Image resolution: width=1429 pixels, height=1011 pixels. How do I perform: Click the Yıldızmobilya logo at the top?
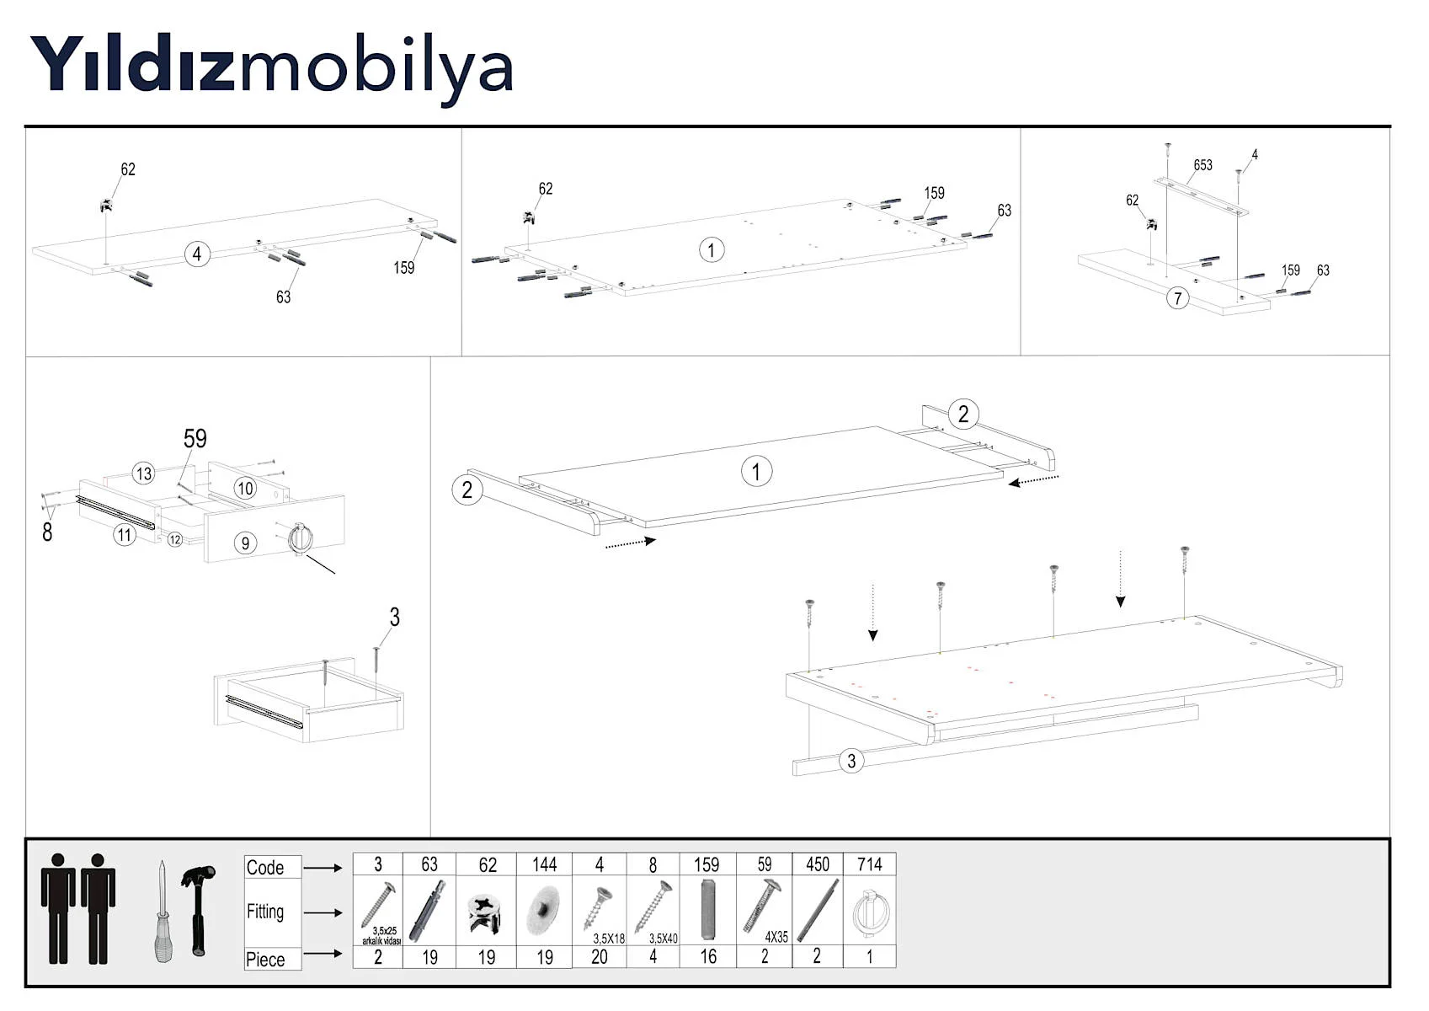pos(271,68)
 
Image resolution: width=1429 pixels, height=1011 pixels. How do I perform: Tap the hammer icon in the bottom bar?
pos(198,910)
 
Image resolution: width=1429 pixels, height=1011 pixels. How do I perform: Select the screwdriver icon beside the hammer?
pos(163,912)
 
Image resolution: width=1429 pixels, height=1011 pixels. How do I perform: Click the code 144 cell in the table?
pos(544,865)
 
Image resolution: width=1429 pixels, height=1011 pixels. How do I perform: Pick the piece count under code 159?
pos(708,957)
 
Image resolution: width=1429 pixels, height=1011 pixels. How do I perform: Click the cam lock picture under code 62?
pos(485,912)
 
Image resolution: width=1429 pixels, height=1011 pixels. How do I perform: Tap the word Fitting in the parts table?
pos(264,912)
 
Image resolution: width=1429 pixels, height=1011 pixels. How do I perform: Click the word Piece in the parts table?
pos(264,960)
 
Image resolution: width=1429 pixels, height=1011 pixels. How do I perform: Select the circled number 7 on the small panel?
pos(1178,298)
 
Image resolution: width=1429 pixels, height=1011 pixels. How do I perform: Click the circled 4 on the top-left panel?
pos(197,254)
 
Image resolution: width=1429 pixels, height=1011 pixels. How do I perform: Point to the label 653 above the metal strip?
pos(1202,165)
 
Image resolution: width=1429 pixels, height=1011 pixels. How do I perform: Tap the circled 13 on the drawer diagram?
pos(143,473)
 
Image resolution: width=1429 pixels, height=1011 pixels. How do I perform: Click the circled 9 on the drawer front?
pos(246,543)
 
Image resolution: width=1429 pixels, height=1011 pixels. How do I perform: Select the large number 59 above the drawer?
pos(195,438)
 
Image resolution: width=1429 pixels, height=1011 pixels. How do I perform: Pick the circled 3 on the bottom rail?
pos(851,761)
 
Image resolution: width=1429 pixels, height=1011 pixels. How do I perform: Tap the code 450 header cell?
pos(817,865)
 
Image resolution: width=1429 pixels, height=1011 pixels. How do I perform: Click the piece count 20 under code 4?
pos(599,957)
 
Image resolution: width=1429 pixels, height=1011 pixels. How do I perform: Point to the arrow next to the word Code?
pos(323,868)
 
